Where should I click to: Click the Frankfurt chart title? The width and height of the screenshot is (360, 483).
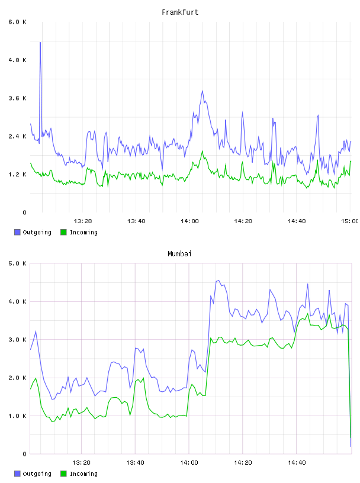coord(180,12)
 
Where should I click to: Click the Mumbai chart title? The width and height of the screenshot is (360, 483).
coord(179,254)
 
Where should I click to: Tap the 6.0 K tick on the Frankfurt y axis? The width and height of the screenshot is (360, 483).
coord(18,22)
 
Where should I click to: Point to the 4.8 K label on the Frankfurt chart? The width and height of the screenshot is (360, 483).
coord(18,60)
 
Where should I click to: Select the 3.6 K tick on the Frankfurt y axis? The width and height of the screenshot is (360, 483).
coord(18,98)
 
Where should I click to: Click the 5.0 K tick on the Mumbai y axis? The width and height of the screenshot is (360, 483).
coord(18,263)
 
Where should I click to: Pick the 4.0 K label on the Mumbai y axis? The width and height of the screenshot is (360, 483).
coord(18,301)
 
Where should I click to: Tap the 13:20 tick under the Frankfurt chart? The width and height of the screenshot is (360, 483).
coord(83,221)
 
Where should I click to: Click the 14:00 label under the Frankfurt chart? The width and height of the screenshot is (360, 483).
coord(190,221)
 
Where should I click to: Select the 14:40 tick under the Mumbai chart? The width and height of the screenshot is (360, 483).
coord(297,462)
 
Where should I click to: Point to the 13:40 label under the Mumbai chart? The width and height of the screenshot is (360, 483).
coord(136,462)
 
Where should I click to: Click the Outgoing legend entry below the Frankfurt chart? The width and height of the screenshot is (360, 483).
coord(33,232)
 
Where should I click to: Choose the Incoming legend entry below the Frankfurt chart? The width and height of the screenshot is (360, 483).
coord(79,232)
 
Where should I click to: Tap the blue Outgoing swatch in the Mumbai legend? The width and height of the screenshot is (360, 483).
coord(17,474)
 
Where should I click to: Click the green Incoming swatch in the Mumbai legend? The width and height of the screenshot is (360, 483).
coord(63,474)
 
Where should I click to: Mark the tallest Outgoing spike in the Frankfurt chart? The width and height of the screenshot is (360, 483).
coord(40,43)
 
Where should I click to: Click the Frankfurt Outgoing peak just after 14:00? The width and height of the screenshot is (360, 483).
coord(202,91)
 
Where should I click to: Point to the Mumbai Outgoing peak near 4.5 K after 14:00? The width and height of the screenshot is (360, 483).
coord(218,281)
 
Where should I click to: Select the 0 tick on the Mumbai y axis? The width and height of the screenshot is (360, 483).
coord(24,454)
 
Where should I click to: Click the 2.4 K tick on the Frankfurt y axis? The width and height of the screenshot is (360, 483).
coord(18,137)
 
